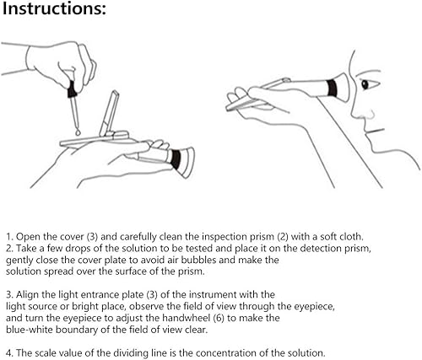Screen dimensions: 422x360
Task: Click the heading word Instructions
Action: point(54,8)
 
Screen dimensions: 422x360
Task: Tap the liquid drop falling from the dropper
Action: point(78,132)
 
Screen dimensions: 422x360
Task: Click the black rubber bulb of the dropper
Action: point(72,89)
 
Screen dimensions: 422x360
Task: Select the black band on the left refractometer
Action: point(176,159)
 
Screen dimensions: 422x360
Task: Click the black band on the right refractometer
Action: point(332,88)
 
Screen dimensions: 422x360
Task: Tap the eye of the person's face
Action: point(365,84)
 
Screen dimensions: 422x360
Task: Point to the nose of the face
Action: point(365,112)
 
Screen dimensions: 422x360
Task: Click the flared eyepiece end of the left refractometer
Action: point(187,163)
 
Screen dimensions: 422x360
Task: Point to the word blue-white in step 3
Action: point(30,330)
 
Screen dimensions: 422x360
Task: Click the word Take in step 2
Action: point(26,249)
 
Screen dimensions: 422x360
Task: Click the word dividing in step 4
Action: point(125,353)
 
